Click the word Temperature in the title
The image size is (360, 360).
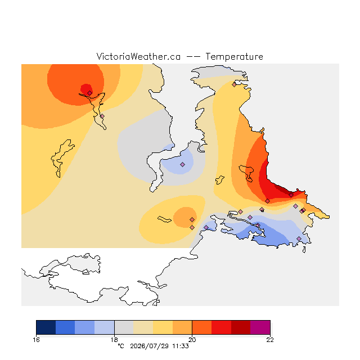[x=234, y=56]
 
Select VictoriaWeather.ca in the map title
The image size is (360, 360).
[x=138, y=56]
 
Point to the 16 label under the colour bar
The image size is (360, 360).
[x=36, y=340]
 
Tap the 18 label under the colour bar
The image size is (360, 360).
[x=114, y=340]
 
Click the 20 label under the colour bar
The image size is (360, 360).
[x=192, y=340]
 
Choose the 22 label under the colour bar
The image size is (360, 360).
[x=270, y=340]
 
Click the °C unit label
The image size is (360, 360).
[x=121, y=346]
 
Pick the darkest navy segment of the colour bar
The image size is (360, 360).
[x=46, y=327]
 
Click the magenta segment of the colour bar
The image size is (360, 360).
[x=260, y=327]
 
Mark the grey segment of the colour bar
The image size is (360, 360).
[x=124, y=327]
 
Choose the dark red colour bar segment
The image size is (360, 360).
[x=241, y=327]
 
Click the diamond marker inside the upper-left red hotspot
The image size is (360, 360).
[x=90, y=93]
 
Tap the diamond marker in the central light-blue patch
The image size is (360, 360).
[x=182, y=164]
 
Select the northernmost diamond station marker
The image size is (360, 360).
[x=234, y=85]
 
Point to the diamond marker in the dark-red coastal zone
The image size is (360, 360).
[x=291, y=195]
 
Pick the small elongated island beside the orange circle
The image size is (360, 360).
[x=164, y=219]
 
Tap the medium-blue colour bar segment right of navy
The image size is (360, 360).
[x=65, y=327]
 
